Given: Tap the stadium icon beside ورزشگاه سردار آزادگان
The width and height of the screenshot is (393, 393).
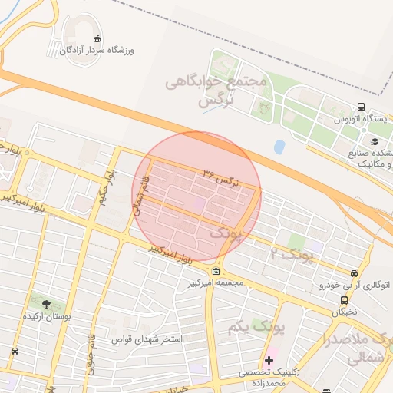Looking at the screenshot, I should [97, 38].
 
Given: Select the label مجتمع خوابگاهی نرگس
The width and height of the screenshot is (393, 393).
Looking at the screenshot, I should [216, 90].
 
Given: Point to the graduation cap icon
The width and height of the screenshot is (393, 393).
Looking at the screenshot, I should [375, 141].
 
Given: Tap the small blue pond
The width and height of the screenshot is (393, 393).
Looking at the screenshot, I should [279, 145].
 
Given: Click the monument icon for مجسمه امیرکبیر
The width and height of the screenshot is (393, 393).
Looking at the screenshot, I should [216, 271].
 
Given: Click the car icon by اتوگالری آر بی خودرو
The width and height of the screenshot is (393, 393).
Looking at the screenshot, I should [353, 273].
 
